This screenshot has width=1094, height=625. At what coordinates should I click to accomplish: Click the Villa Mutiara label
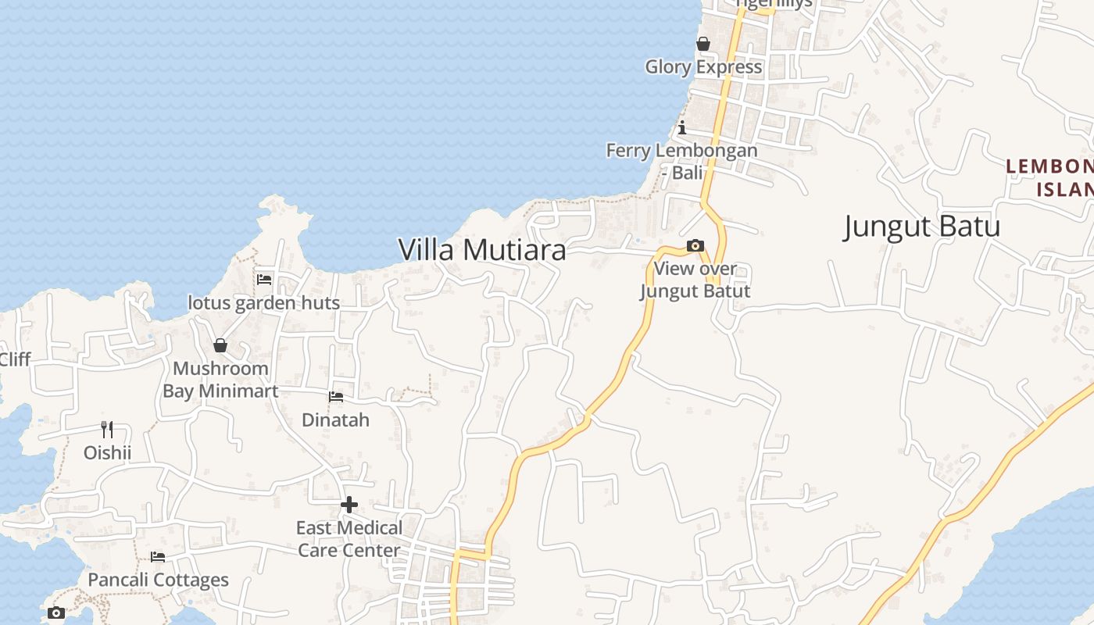point(482,250)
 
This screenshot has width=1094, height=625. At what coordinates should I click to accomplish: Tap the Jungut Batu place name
point(922,227)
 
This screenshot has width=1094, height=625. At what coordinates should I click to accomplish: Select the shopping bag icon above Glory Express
point(703,44)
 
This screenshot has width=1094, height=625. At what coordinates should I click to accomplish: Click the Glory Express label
point(703,67)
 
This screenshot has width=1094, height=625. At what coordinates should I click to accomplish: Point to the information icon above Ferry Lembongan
point(682,127)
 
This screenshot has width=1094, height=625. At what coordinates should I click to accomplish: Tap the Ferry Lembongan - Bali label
point(682,161)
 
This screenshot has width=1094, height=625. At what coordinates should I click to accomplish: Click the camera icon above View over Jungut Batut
point(695,246)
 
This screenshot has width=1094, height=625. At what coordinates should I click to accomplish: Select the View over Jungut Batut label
point(695,280)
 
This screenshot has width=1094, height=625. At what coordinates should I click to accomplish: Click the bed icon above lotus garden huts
point(264,279)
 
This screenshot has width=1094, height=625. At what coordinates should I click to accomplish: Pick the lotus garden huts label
point(264,303)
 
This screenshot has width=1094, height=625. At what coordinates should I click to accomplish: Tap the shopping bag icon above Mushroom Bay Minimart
point(220,345)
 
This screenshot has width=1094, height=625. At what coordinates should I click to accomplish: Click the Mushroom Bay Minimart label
point(220,380)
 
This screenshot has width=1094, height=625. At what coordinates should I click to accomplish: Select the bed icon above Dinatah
point(336,397)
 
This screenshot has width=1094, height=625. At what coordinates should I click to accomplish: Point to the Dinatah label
point(336,420)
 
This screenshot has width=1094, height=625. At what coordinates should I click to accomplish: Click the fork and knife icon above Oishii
point(107,429)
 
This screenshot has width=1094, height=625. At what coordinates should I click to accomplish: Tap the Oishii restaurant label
point(107,453)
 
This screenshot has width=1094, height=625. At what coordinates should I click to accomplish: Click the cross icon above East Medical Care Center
point(349,505)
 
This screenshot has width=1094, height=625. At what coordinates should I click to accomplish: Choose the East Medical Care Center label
point(349,539)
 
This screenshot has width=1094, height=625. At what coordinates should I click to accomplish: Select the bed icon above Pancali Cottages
point(158,557)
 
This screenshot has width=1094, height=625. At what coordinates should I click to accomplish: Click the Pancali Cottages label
point(158,580)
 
